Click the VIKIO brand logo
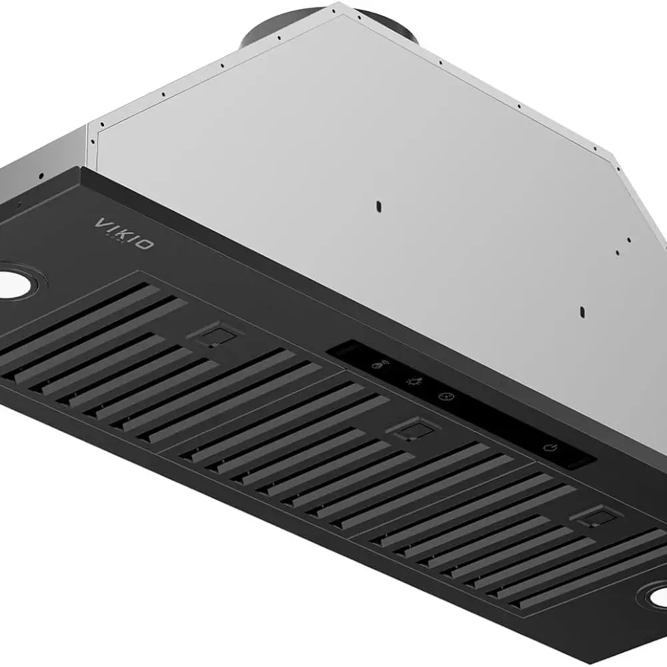coord(123,233)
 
